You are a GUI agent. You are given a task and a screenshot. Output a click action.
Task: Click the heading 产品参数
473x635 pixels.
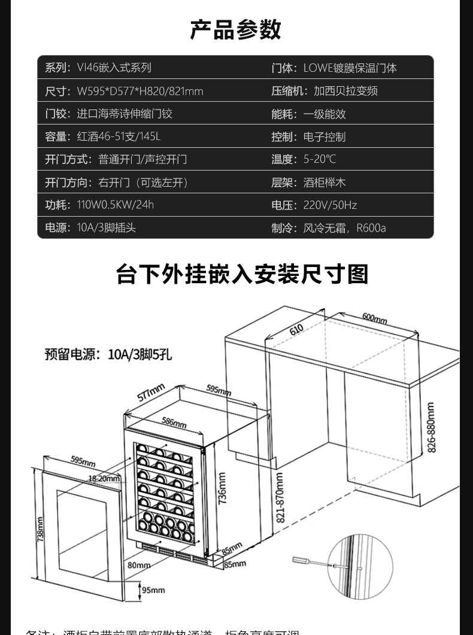coord(236,29)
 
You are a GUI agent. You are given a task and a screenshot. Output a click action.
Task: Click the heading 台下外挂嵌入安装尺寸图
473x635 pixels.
coord(242,274)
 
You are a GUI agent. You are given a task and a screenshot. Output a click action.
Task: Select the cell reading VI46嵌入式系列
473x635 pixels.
coord(114,68)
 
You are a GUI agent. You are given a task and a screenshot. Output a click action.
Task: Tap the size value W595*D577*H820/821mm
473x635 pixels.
coord(140,91)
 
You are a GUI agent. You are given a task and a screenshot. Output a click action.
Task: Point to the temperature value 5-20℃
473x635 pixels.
coord(320,159)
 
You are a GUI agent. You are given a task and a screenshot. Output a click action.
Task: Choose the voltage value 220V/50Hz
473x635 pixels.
coord(330,205)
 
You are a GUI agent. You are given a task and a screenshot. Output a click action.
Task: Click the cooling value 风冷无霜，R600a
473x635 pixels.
coord(344,228)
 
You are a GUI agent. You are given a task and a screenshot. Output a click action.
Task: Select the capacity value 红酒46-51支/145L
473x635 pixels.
coord(119,136)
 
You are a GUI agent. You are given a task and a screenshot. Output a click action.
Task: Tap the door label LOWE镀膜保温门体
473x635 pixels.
coord(350,68)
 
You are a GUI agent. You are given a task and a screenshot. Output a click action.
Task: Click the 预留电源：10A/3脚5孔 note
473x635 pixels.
coord(108,354)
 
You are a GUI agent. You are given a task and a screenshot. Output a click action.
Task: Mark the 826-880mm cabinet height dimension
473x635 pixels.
coord(432,427)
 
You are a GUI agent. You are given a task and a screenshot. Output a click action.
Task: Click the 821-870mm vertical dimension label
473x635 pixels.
coord(280,497)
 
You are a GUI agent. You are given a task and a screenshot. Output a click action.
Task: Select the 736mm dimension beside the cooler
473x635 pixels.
coord(222,488)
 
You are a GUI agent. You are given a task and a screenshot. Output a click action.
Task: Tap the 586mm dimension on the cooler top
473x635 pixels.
coord(174,423)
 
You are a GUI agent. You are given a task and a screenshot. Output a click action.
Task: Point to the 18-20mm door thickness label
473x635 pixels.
coord(104,478)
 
